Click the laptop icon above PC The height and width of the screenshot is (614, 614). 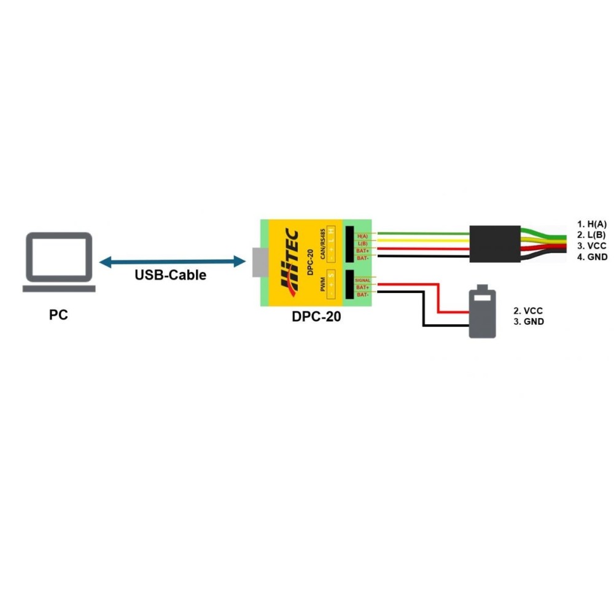click(x=59, y=262)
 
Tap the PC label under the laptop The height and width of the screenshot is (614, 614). click(x=59, y=316)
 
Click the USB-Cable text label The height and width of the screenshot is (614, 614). click(x=170, y=274)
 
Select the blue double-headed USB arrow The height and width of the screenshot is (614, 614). click(x=172, y=262)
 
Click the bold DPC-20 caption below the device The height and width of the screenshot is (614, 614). click(x=316, y=317)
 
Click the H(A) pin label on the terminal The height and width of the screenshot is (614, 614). click(x=362, y=236)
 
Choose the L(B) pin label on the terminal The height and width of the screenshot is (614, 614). click(x=362, y=244)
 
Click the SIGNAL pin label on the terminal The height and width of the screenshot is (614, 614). click(x=362, y=280)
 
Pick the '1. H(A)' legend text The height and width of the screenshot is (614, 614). click(x=592, y=225)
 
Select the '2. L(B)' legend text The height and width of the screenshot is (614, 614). click(x=592, y=235)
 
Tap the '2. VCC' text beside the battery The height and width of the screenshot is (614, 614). click(x=528, y=311)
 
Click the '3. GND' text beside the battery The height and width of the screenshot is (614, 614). click(x=528, y=321)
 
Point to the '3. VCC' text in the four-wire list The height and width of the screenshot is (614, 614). click(x=592, y=246)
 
